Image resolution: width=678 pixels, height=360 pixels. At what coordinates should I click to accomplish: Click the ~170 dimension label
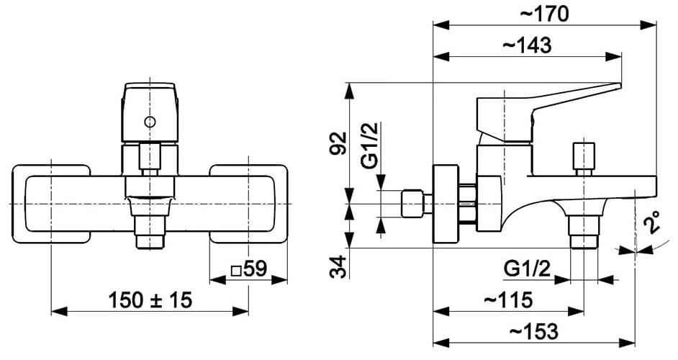coord(545,13)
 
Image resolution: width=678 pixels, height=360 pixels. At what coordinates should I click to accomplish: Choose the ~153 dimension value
coord(533,331)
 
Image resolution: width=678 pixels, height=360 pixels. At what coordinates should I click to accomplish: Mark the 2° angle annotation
coord(652,223)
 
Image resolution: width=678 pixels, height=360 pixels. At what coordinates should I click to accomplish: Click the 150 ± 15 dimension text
coord(150,300)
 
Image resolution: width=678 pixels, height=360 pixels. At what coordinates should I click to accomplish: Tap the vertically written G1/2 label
coord(369,145)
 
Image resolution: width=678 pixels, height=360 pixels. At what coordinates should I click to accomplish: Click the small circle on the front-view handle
coord(149,122)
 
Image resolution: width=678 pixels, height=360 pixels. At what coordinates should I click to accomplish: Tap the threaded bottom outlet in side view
coord(583,232)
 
